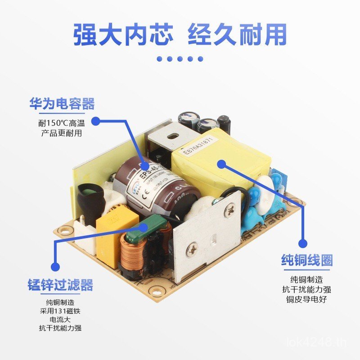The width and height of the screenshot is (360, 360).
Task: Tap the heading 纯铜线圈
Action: (306, 260)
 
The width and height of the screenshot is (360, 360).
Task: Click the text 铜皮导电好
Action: (306, 298)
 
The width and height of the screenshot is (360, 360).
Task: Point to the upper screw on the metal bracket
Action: (230, 208)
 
